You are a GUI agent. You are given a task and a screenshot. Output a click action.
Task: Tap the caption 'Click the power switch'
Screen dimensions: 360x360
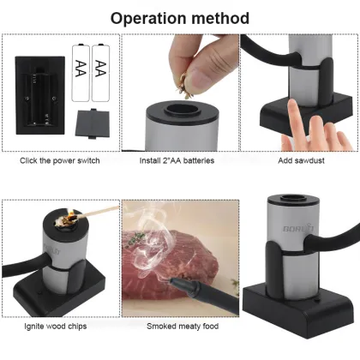click(59, 160)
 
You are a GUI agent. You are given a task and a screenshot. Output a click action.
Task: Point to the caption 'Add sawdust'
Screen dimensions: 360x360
click(300, 160)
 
